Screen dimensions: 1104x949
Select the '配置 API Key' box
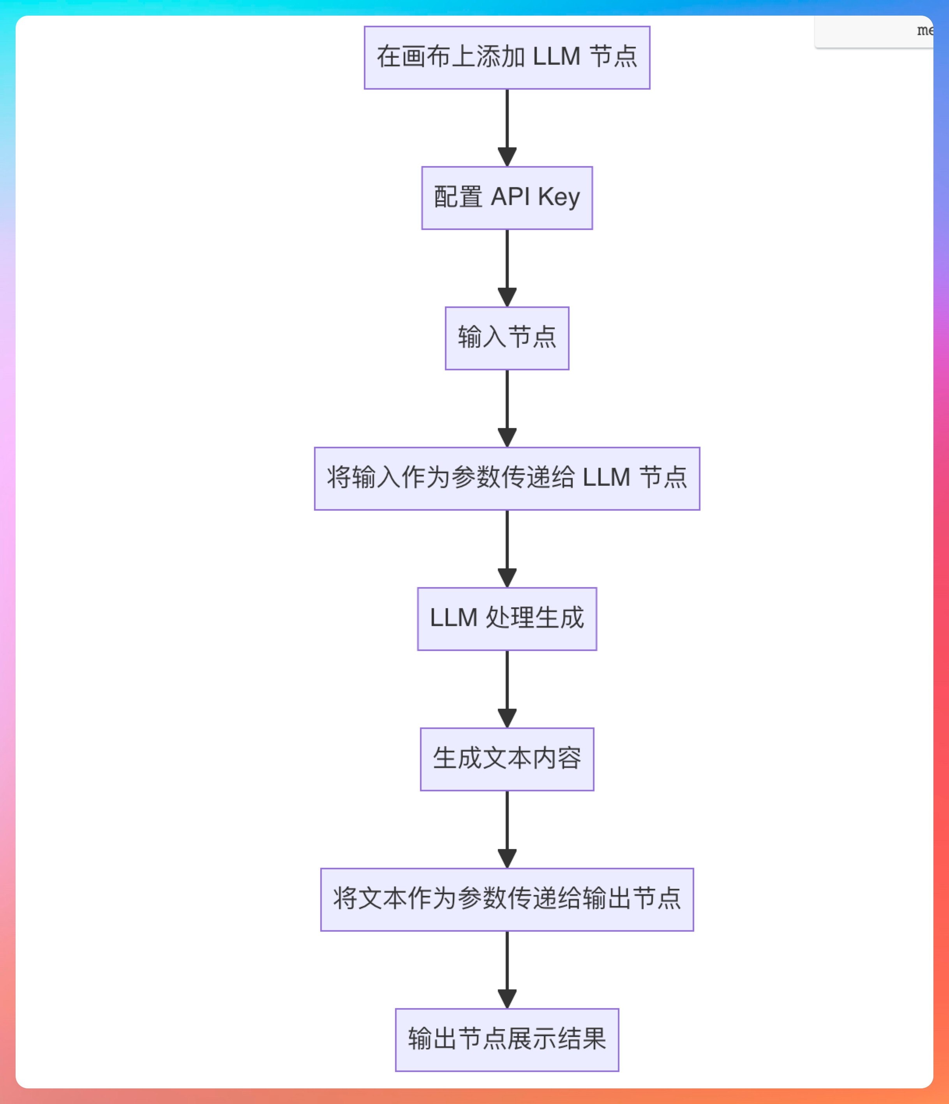click(507, 198)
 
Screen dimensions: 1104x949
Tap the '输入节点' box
click(507, 338)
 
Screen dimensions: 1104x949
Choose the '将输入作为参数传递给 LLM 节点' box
click(507, 478)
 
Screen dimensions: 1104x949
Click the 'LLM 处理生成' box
click(507, 619)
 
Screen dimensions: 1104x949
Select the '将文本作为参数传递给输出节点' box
click(507, 899)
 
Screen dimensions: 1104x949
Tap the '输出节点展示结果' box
click(507, 1040)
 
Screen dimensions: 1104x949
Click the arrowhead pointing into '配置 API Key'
click(507, 157)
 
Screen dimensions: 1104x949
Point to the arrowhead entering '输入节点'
click(507, 297)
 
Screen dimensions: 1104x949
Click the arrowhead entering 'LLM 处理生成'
click(507, 578)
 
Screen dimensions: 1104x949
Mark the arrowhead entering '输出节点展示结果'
click(507, 999)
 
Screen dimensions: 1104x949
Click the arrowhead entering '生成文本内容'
click(507, 718)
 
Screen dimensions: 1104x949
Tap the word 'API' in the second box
click(510, 196)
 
